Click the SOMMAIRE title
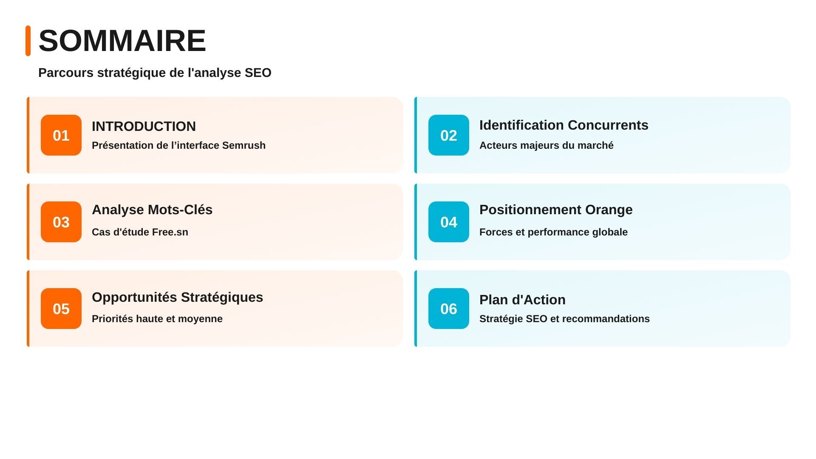click(122, 41)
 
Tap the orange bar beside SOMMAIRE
click(28, 41)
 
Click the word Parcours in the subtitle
click(66, 73)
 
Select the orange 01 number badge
click(61, 135)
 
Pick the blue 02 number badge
click(449, 135)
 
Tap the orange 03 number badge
click(61, 222)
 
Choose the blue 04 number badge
click(449, 222)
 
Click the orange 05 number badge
click(61, 309)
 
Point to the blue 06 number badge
click(449, 309)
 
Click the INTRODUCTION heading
click(144, 126)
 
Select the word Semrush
click(244, 145)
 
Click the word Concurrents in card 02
click(608, 125)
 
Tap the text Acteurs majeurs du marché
click(547, 145)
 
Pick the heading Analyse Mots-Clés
click(152, 210)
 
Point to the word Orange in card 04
click(609, 210)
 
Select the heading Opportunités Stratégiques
click(178, 297)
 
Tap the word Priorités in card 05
click(111, 319)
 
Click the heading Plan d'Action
click(522, 300)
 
